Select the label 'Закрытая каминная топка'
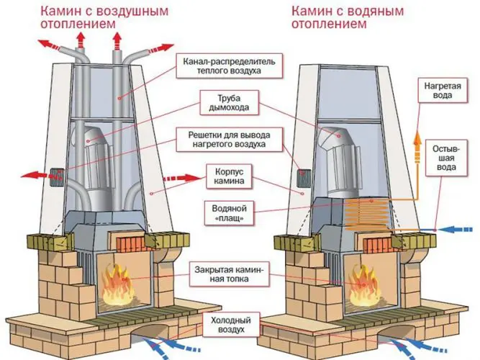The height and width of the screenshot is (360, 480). [x=229, y=275]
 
